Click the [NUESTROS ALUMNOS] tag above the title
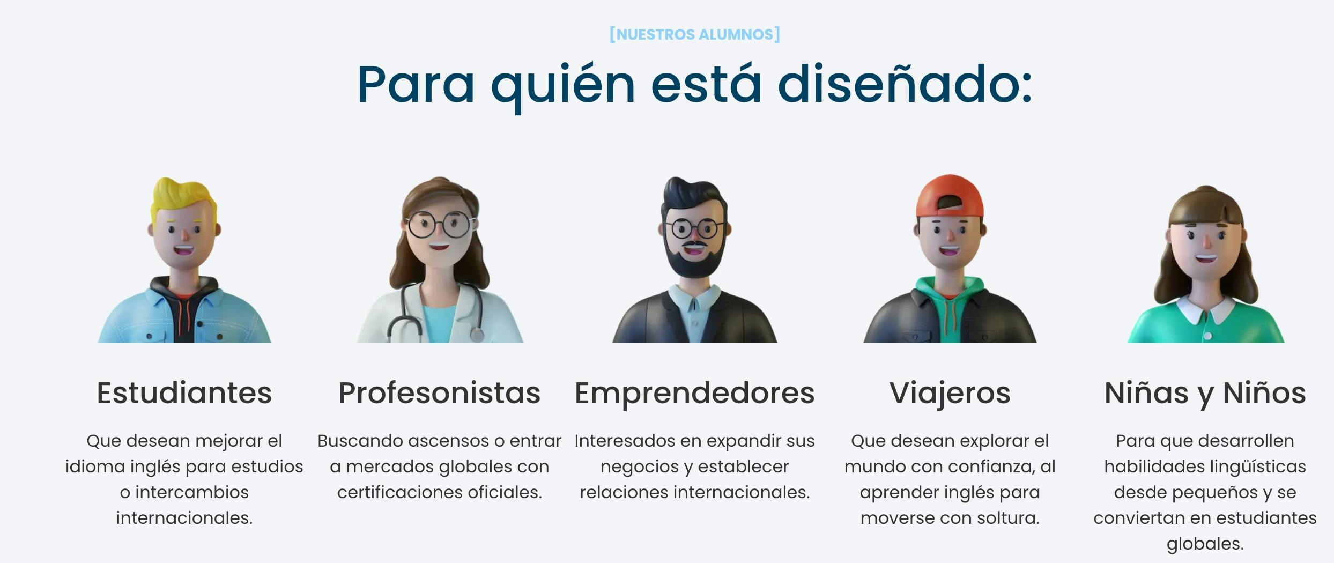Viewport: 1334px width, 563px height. tap(695, 34)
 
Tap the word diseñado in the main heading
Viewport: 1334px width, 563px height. tap(904, 85)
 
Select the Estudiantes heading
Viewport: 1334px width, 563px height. tap(184, 393)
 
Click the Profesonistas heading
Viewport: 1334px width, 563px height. tap(439, 393)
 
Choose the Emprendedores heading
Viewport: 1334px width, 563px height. tap(694, 393)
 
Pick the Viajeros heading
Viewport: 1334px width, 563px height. tap(950, 393)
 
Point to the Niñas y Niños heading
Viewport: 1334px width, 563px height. tap(1205, 393)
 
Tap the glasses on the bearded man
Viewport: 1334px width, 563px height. tap(694, 229)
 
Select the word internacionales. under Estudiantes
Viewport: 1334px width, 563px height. tap(184, 518)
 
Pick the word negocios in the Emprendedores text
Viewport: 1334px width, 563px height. tap(639, 466)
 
